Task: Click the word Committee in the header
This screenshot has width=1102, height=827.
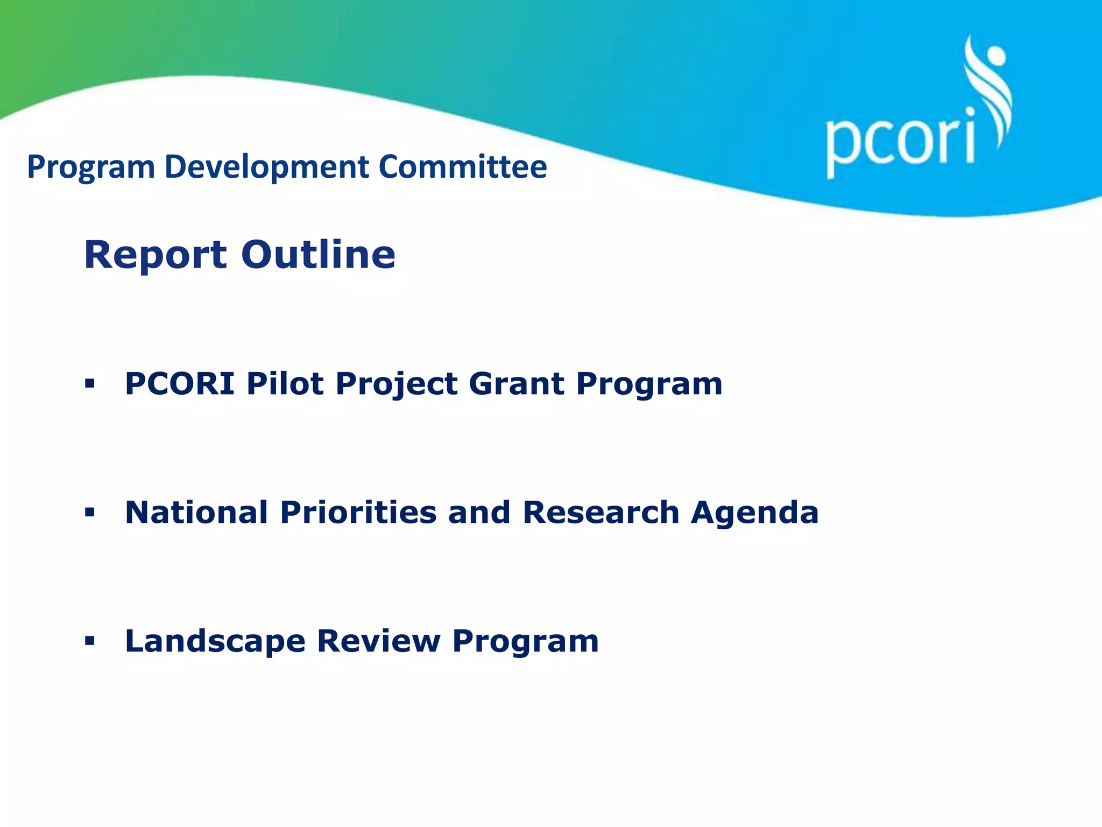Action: tap(463, 167)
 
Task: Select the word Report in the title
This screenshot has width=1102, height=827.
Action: tap(156, 255)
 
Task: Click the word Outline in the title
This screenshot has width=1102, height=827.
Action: tap(318, 255)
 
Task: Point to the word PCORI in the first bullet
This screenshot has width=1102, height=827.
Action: tap(180, 384)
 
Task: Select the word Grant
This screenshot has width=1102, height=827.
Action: tap(517, 384)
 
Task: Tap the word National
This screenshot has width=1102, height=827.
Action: tap(196, 512)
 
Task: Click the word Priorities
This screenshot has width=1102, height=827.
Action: tap(358, 512)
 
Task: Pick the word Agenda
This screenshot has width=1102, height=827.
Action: tap(755, 512)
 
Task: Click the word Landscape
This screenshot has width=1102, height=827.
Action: tap(215, 641)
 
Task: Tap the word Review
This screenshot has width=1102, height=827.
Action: tap(379, 641)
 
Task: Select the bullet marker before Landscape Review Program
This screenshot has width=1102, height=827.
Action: tap(90, 641)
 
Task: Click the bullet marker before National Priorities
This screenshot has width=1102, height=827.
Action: tap(90, 512)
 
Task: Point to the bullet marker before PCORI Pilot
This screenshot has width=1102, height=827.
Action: tap(90, 383)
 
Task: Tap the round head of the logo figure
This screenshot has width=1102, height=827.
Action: tap(996, 55)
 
